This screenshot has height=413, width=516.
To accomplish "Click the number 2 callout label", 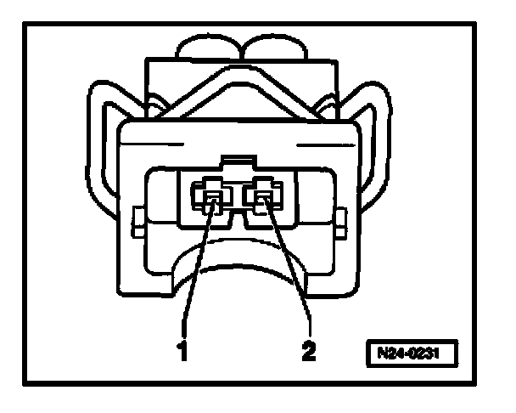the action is pyautogui.click(x=309, y=350).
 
